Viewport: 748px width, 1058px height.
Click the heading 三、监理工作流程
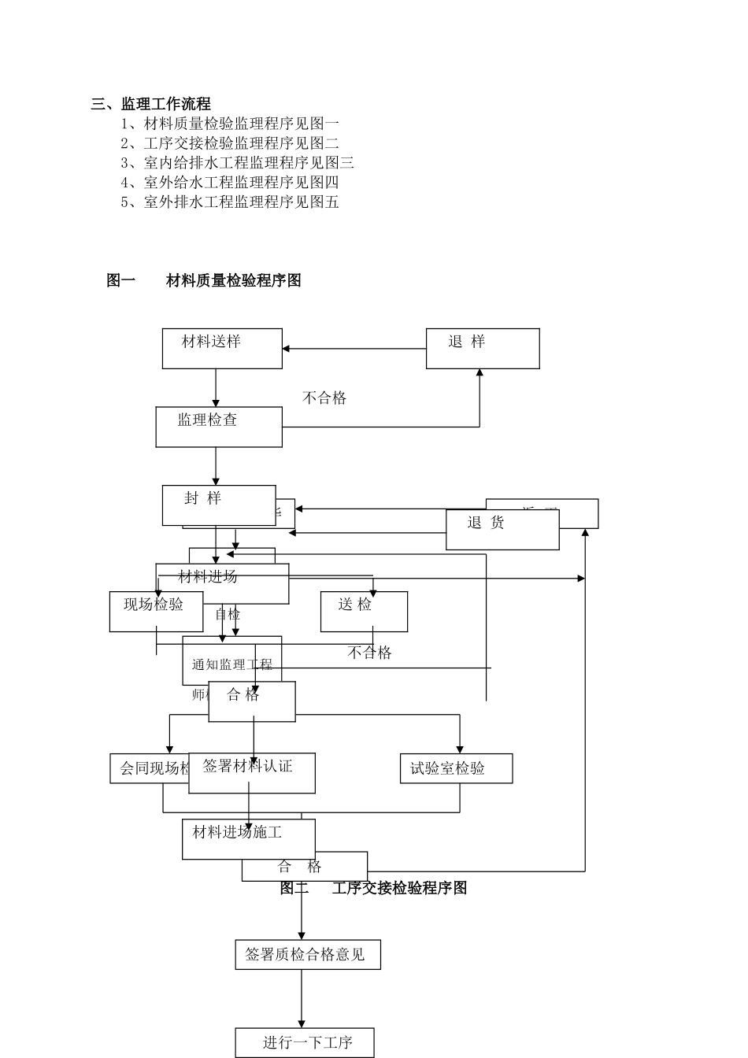tap(150, 104)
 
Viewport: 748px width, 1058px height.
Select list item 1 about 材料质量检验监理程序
tap(229, 124)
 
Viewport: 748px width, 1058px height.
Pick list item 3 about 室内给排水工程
tap(237, 163)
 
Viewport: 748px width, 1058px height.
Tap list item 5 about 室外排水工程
tap(229, 202)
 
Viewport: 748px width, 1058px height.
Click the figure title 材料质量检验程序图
tap(233, 280)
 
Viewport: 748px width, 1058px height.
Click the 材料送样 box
tap(222, 349)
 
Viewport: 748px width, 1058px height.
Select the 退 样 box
tap(483, 349)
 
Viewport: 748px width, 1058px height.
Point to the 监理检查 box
tap(219, 427)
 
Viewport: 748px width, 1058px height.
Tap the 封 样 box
tap(219, 505)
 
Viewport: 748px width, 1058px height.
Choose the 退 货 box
tap(502, 530)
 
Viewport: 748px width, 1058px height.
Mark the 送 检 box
tap(364, 612)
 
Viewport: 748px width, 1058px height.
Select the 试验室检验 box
tap(456, 768)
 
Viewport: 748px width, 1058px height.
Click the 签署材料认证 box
tap(252, 773)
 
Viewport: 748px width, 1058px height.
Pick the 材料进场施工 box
tap(249, 839)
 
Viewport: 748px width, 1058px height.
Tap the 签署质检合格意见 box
tap(308, 954)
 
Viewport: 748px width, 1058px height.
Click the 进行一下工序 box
tap(305, 1043)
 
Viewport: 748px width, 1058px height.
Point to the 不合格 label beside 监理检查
tap(324, 398)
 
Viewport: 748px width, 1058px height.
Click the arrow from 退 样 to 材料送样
tap(354, 349)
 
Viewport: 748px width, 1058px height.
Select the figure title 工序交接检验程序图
tap(399, 888)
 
